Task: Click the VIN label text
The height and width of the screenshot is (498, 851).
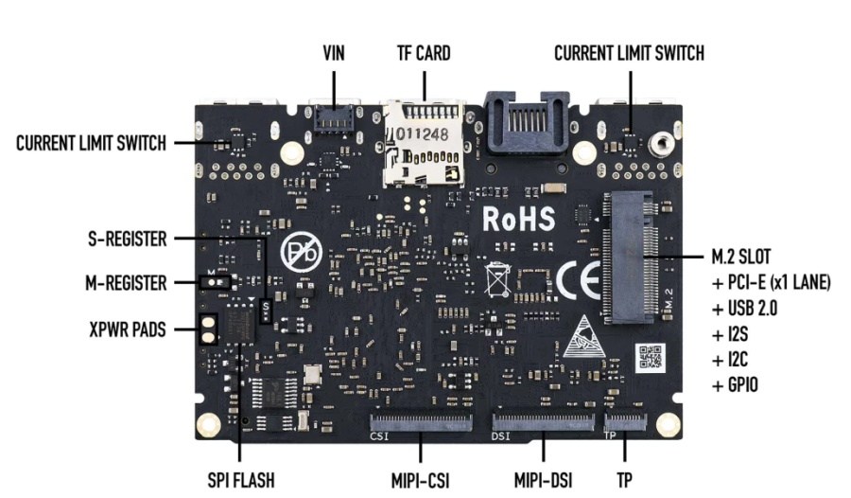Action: [334, 54]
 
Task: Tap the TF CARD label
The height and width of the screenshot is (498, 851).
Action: [423, 54]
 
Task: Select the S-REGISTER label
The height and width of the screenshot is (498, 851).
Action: [124, 240]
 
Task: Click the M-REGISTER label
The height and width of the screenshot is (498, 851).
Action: [124, 282]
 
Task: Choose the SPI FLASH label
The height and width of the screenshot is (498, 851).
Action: [241, 479]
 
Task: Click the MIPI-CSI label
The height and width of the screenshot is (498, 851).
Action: [418, 479]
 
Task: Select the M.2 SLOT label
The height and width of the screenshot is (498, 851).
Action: [740, 257]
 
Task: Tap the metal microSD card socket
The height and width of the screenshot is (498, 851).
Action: [425, 142]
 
